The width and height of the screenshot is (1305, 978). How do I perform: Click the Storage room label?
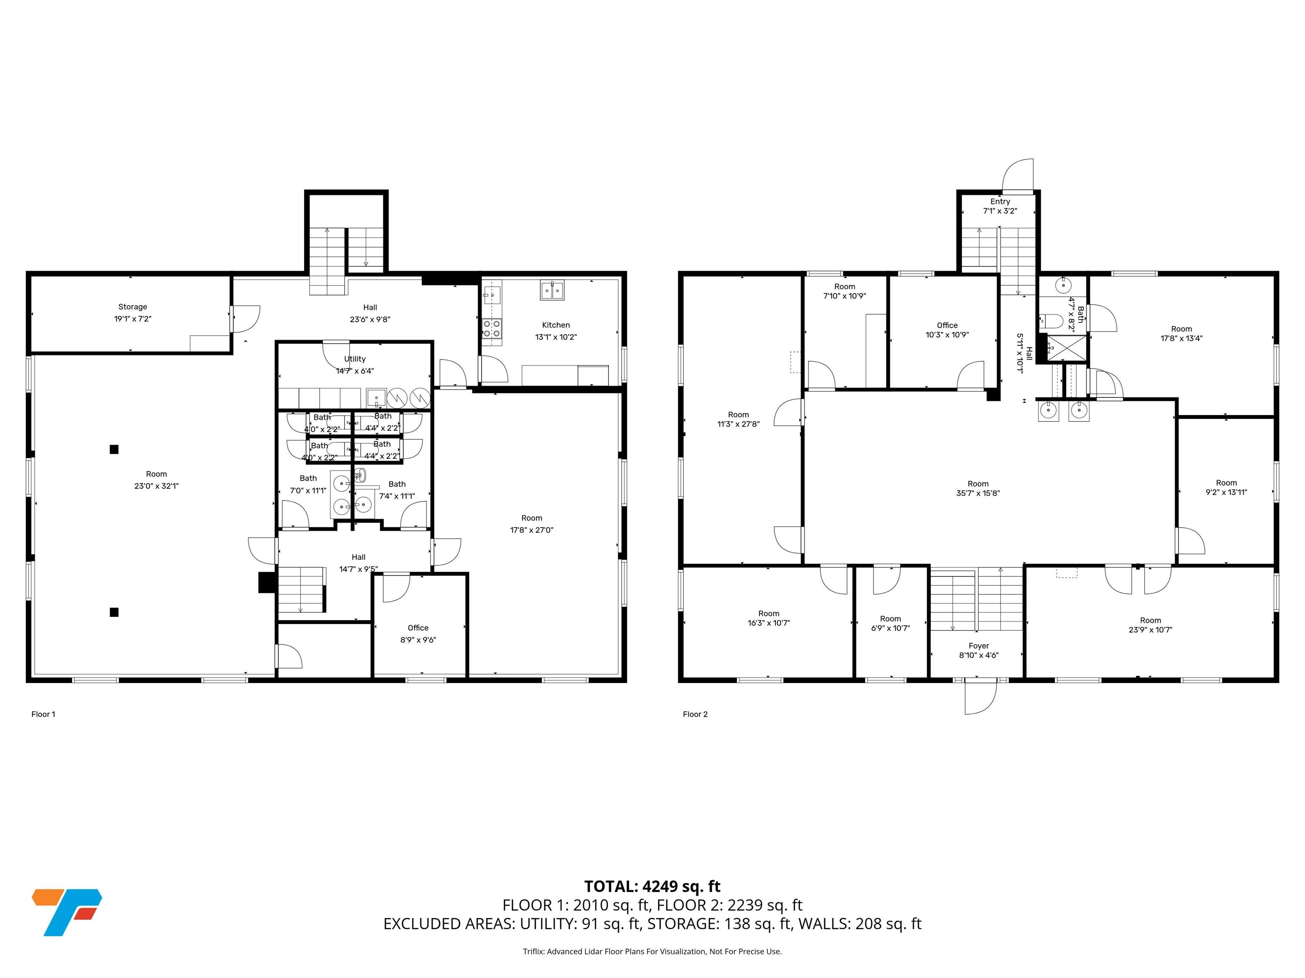(x=133, y=306)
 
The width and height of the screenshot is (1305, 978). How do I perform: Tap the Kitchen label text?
(x=556, y=325)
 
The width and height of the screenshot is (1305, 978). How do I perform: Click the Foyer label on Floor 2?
(x=979, y=646)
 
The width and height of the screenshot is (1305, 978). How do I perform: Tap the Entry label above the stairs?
(x=1000, y=202)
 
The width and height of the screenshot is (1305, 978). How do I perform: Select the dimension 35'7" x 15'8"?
(x=978, y=493)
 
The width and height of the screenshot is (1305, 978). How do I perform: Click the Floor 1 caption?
(x=43, y=714)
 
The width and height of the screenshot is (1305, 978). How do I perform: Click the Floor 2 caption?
(x=695, y=714)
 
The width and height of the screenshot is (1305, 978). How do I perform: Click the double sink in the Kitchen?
(x=552, y=290)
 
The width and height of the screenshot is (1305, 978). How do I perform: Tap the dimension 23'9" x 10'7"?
(x=1150, y=630)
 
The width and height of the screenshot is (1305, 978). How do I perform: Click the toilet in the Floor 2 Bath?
(x=1051, y=321)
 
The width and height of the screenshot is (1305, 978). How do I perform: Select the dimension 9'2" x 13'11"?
(x=1226, y=492)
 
